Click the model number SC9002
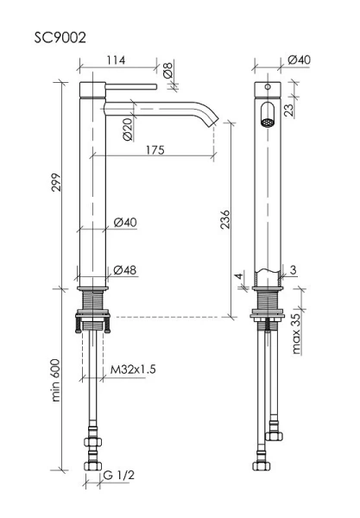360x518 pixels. (60, 38)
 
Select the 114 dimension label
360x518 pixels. (116, 60)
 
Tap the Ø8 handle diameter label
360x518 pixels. (168, 70)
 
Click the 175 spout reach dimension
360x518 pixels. (155, 150)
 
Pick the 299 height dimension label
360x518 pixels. (56, 182)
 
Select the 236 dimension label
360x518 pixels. (224, 219)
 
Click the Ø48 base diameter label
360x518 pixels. (125, 270)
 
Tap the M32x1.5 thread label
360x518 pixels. (133, 369)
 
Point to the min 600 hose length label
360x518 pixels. (56, 380)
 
